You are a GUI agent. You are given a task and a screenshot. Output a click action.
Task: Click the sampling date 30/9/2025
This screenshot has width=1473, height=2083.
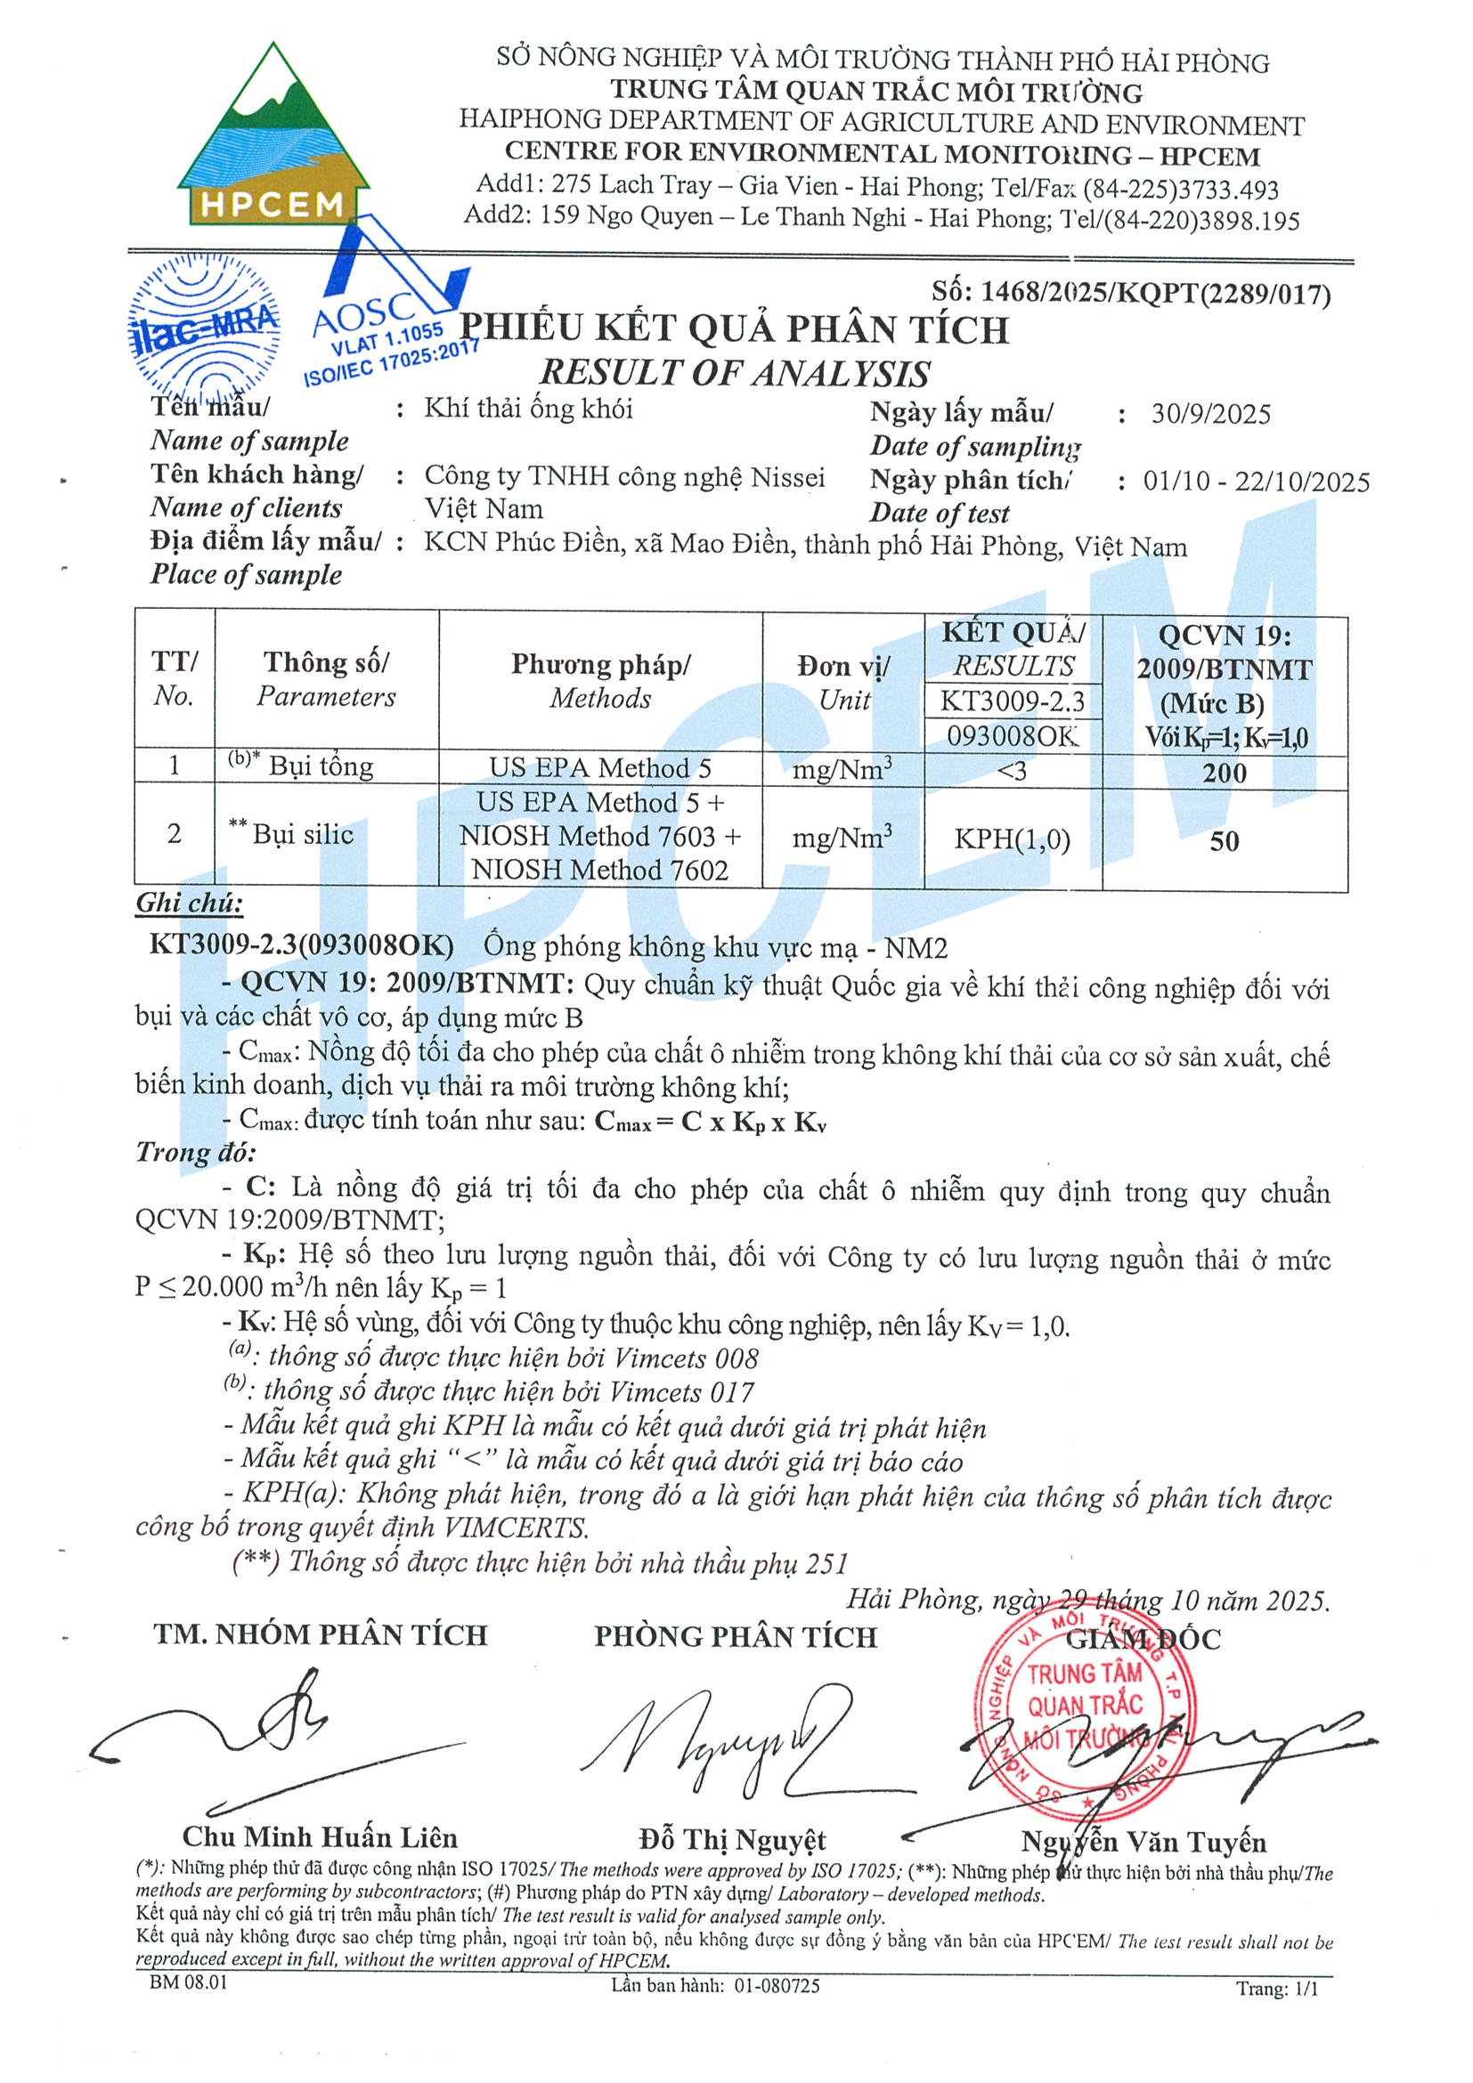pos(1210,415)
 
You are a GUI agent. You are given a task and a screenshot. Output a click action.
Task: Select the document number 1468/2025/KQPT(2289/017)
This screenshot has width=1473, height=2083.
pos(1131,293)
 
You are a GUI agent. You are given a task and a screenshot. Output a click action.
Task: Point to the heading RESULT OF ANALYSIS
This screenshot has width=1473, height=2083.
pos(735,373)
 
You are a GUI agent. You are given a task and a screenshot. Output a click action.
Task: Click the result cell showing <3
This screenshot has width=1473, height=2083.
pos(1012,771)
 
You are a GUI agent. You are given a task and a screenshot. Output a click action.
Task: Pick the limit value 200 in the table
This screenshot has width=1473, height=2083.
pos(1225,773)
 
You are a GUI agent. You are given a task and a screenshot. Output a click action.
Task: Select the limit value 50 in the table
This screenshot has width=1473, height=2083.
pos(1225,841)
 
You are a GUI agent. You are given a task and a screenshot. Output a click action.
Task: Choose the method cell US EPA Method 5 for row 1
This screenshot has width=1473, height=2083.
pos(600,768)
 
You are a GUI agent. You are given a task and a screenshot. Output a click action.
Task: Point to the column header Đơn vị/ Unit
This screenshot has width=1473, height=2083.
pos(843,683)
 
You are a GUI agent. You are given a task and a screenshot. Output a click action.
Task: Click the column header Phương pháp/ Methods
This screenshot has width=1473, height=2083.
pos(600,681)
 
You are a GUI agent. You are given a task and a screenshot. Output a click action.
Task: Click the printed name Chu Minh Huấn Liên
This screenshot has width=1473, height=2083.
pos(320,1837)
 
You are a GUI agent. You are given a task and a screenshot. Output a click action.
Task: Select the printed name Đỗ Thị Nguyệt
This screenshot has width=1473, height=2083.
pos(732,1840)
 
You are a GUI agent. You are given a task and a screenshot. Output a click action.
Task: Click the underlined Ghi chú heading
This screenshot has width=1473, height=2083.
pos(190,904)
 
